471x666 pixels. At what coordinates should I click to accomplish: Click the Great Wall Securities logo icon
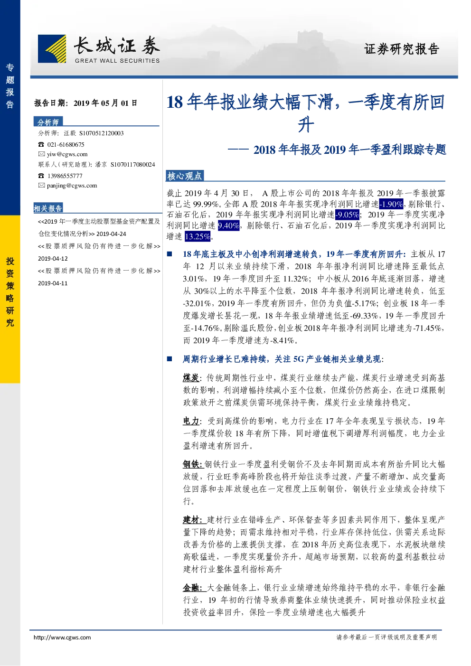pyautogui.click(x=52, y=49)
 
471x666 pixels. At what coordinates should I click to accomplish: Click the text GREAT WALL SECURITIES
pyautogui.click(x=117, y=61)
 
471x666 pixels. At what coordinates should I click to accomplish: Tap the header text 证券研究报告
pyautogui.click(x=402, y=49)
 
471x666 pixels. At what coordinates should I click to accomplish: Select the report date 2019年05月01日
pyautogui.click(x=105, y=103)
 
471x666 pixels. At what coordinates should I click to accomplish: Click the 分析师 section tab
pyautogui.click(x=48, y=122)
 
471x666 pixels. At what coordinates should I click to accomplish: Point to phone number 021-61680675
pyautogui.click(x=66, y=144)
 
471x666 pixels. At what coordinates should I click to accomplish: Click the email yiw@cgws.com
pyautogui.click(x=67, y=154)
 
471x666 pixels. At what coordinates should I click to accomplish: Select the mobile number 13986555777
pyautogui.click(x=65, y=176)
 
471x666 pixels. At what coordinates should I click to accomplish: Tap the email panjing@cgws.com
pyautogui.click(x=72, y=186)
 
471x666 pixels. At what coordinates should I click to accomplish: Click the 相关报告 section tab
pyautogui.click(x=48, y=208)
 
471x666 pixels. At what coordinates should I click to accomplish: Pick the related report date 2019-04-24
pyautogui.click(x=111, y=234)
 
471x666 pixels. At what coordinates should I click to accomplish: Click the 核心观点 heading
pyautogui.click(x=184, y=176)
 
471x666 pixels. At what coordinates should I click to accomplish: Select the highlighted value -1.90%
pyautogui.click(x=391, y=204)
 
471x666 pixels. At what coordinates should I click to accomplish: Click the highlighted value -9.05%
pyautogui.click(x=347, y=215)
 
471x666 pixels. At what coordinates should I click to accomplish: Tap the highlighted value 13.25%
pyautogui.click(x=198, y=236)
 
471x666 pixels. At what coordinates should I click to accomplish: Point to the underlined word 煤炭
pyautogui.click(x=191, y=378)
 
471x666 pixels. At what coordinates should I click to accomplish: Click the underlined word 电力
pyautogui.click(x=191, y=421)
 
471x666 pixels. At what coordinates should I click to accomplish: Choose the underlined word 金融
pyautogui.click(x=191, y=588)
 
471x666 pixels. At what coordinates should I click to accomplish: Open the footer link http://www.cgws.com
pyautogui.click(x=62, y=638)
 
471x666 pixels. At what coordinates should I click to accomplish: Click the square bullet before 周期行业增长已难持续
pyautogui.click(x=170, y=359)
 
